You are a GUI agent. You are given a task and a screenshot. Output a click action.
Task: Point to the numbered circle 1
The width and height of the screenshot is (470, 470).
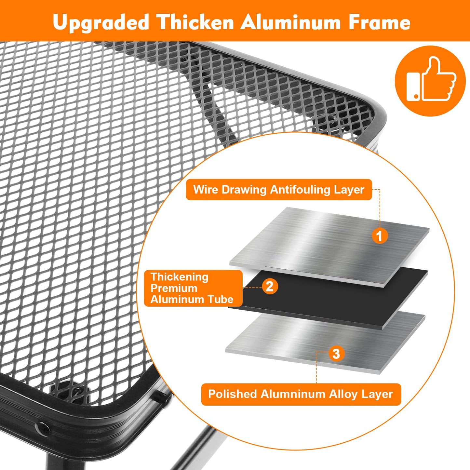(380, 236)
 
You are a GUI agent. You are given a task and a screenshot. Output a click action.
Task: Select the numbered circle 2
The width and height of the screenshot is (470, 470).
(270, 286)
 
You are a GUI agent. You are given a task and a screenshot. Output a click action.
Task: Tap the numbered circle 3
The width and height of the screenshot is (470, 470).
(337, 354)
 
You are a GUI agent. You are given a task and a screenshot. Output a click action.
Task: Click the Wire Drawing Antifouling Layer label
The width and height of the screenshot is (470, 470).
(279, 190)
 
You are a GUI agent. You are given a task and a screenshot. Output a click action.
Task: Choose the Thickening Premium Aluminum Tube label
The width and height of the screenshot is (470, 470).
(193, 288)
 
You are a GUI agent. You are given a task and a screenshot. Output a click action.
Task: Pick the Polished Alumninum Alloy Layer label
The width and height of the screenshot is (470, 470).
(301, 394)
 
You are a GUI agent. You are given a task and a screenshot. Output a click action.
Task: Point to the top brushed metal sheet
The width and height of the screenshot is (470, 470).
(329, 246)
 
